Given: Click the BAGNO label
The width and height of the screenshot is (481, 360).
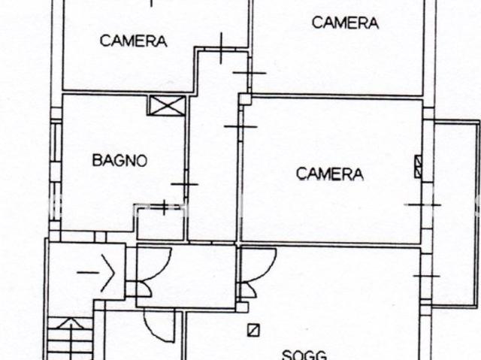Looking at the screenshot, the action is click(120, 160).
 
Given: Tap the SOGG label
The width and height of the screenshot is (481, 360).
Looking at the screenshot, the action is click(304, 355).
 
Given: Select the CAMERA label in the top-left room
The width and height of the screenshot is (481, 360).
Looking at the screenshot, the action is click(134, 41).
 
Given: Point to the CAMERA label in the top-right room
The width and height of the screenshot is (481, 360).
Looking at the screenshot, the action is click(345, 23).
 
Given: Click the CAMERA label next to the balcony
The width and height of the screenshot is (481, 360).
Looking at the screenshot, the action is click(330, 174).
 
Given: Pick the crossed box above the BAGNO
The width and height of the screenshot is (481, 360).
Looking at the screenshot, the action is click(168, 105).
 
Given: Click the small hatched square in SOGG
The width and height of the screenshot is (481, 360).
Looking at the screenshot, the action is click(254, 330).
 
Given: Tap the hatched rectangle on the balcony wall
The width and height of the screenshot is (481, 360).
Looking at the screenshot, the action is click(418, 167).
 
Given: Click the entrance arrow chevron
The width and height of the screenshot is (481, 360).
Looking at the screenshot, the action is click(108, 273).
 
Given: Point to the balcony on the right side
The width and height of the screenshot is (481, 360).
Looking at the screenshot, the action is click(456, 213).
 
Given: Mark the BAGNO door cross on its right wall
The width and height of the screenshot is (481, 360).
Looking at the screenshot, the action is click(185, 184).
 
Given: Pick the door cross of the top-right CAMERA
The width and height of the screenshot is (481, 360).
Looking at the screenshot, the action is click(250, 73).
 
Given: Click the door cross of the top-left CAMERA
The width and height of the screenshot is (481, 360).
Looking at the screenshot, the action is click(222, 48).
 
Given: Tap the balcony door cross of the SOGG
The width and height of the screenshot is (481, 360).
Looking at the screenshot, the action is click(427, 276).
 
